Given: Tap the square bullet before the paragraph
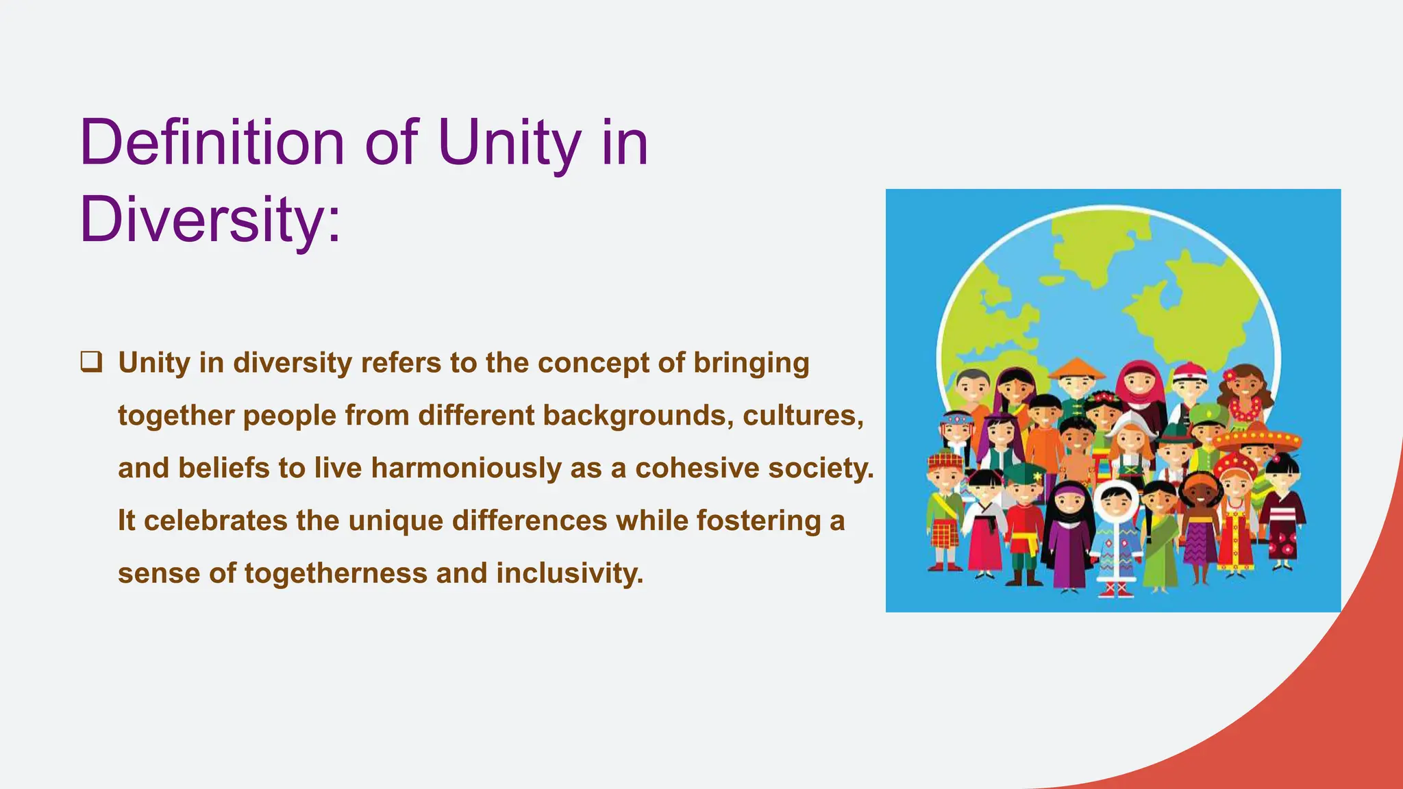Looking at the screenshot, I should pos(91,361).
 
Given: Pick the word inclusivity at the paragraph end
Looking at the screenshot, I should pos(570,573).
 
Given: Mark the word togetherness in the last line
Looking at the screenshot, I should pos(336,573).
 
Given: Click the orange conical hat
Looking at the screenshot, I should pos(1076,368).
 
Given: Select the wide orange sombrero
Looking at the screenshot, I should pos(1257,438).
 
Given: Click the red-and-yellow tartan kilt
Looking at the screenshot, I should pos(945,535).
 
